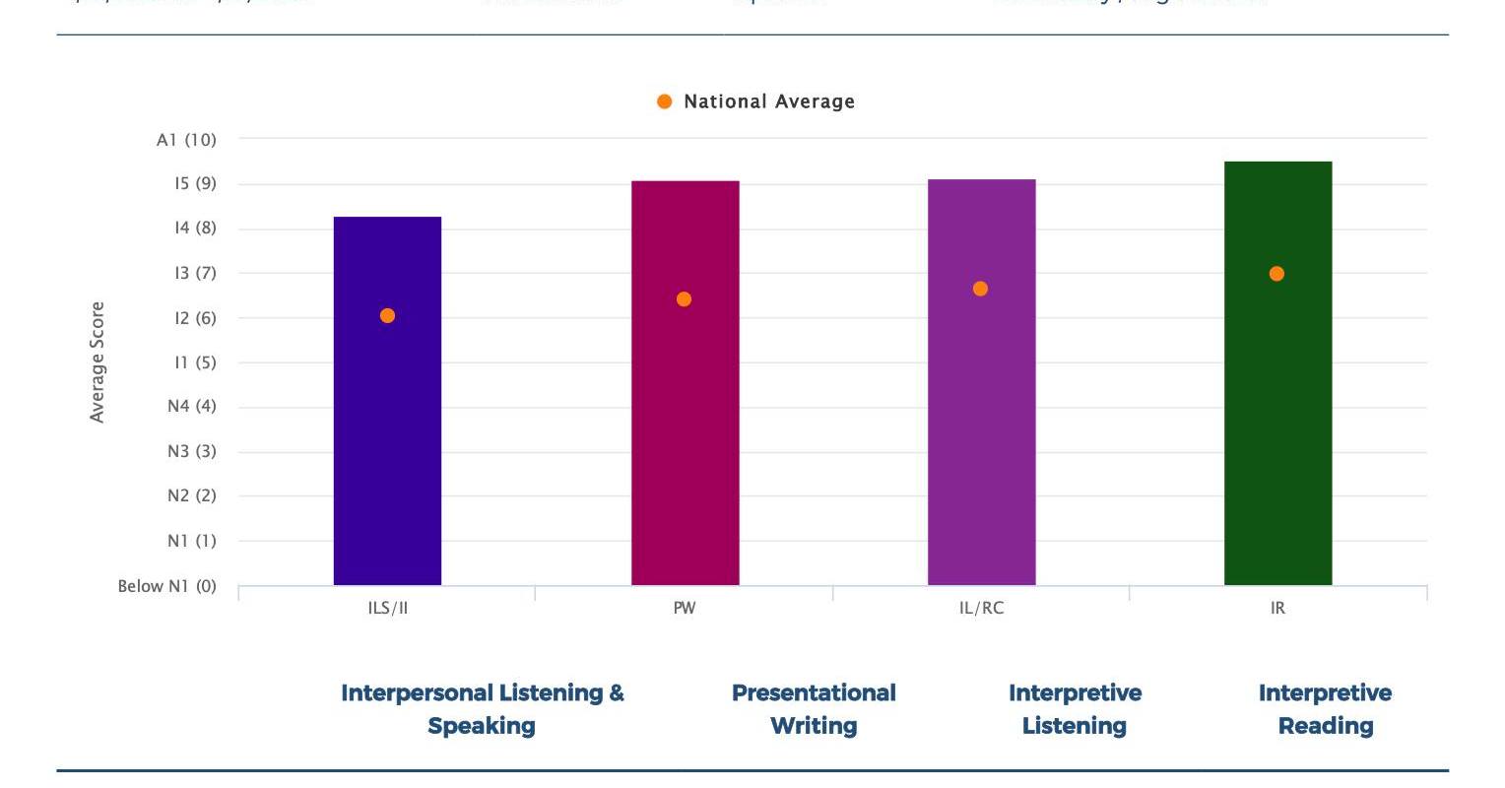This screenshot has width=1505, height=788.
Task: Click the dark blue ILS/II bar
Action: [x=387, y=443]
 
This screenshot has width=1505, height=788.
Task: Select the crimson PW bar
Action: [x=685, y=443]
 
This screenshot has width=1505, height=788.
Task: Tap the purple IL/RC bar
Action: [x=981, y=443]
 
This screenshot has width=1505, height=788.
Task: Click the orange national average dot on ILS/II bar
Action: [x=387, y=316]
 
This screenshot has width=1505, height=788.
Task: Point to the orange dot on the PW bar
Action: [x=684, y=299]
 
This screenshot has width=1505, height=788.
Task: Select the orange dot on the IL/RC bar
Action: [x=980, y=289]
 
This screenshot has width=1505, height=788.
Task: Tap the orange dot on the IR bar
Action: [x=1276, y=274]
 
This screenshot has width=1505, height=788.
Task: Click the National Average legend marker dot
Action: [x=665, y=101]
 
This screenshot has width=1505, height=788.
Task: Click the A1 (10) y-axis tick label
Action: [x=186, y=140]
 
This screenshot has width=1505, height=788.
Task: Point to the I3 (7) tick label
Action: [x=195, y=273]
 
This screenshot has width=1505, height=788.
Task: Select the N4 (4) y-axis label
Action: [x=191, y=406]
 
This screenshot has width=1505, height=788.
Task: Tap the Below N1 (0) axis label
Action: [x=166, y=586]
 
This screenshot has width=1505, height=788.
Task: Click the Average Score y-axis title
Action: [x=97, y=362]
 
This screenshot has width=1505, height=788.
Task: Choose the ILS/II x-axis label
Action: [x=388, y=608]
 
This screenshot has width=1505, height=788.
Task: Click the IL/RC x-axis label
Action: [x=981, y=608]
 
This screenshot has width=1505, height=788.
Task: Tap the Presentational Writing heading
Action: [x=814, y=709]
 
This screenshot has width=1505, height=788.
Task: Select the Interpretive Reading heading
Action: [x=1325, y=709]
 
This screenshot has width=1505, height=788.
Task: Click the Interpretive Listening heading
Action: [x=1075, y=709]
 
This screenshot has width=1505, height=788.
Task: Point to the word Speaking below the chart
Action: [x=482, y=726]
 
